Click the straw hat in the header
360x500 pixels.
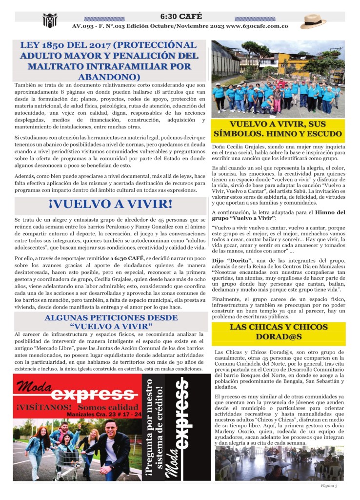click(313, 21)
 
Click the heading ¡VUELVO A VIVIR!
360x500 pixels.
click(103, 204)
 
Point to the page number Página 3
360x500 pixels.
click(332, 485)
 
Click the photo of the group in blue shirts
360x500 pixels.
click(278, 79)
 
